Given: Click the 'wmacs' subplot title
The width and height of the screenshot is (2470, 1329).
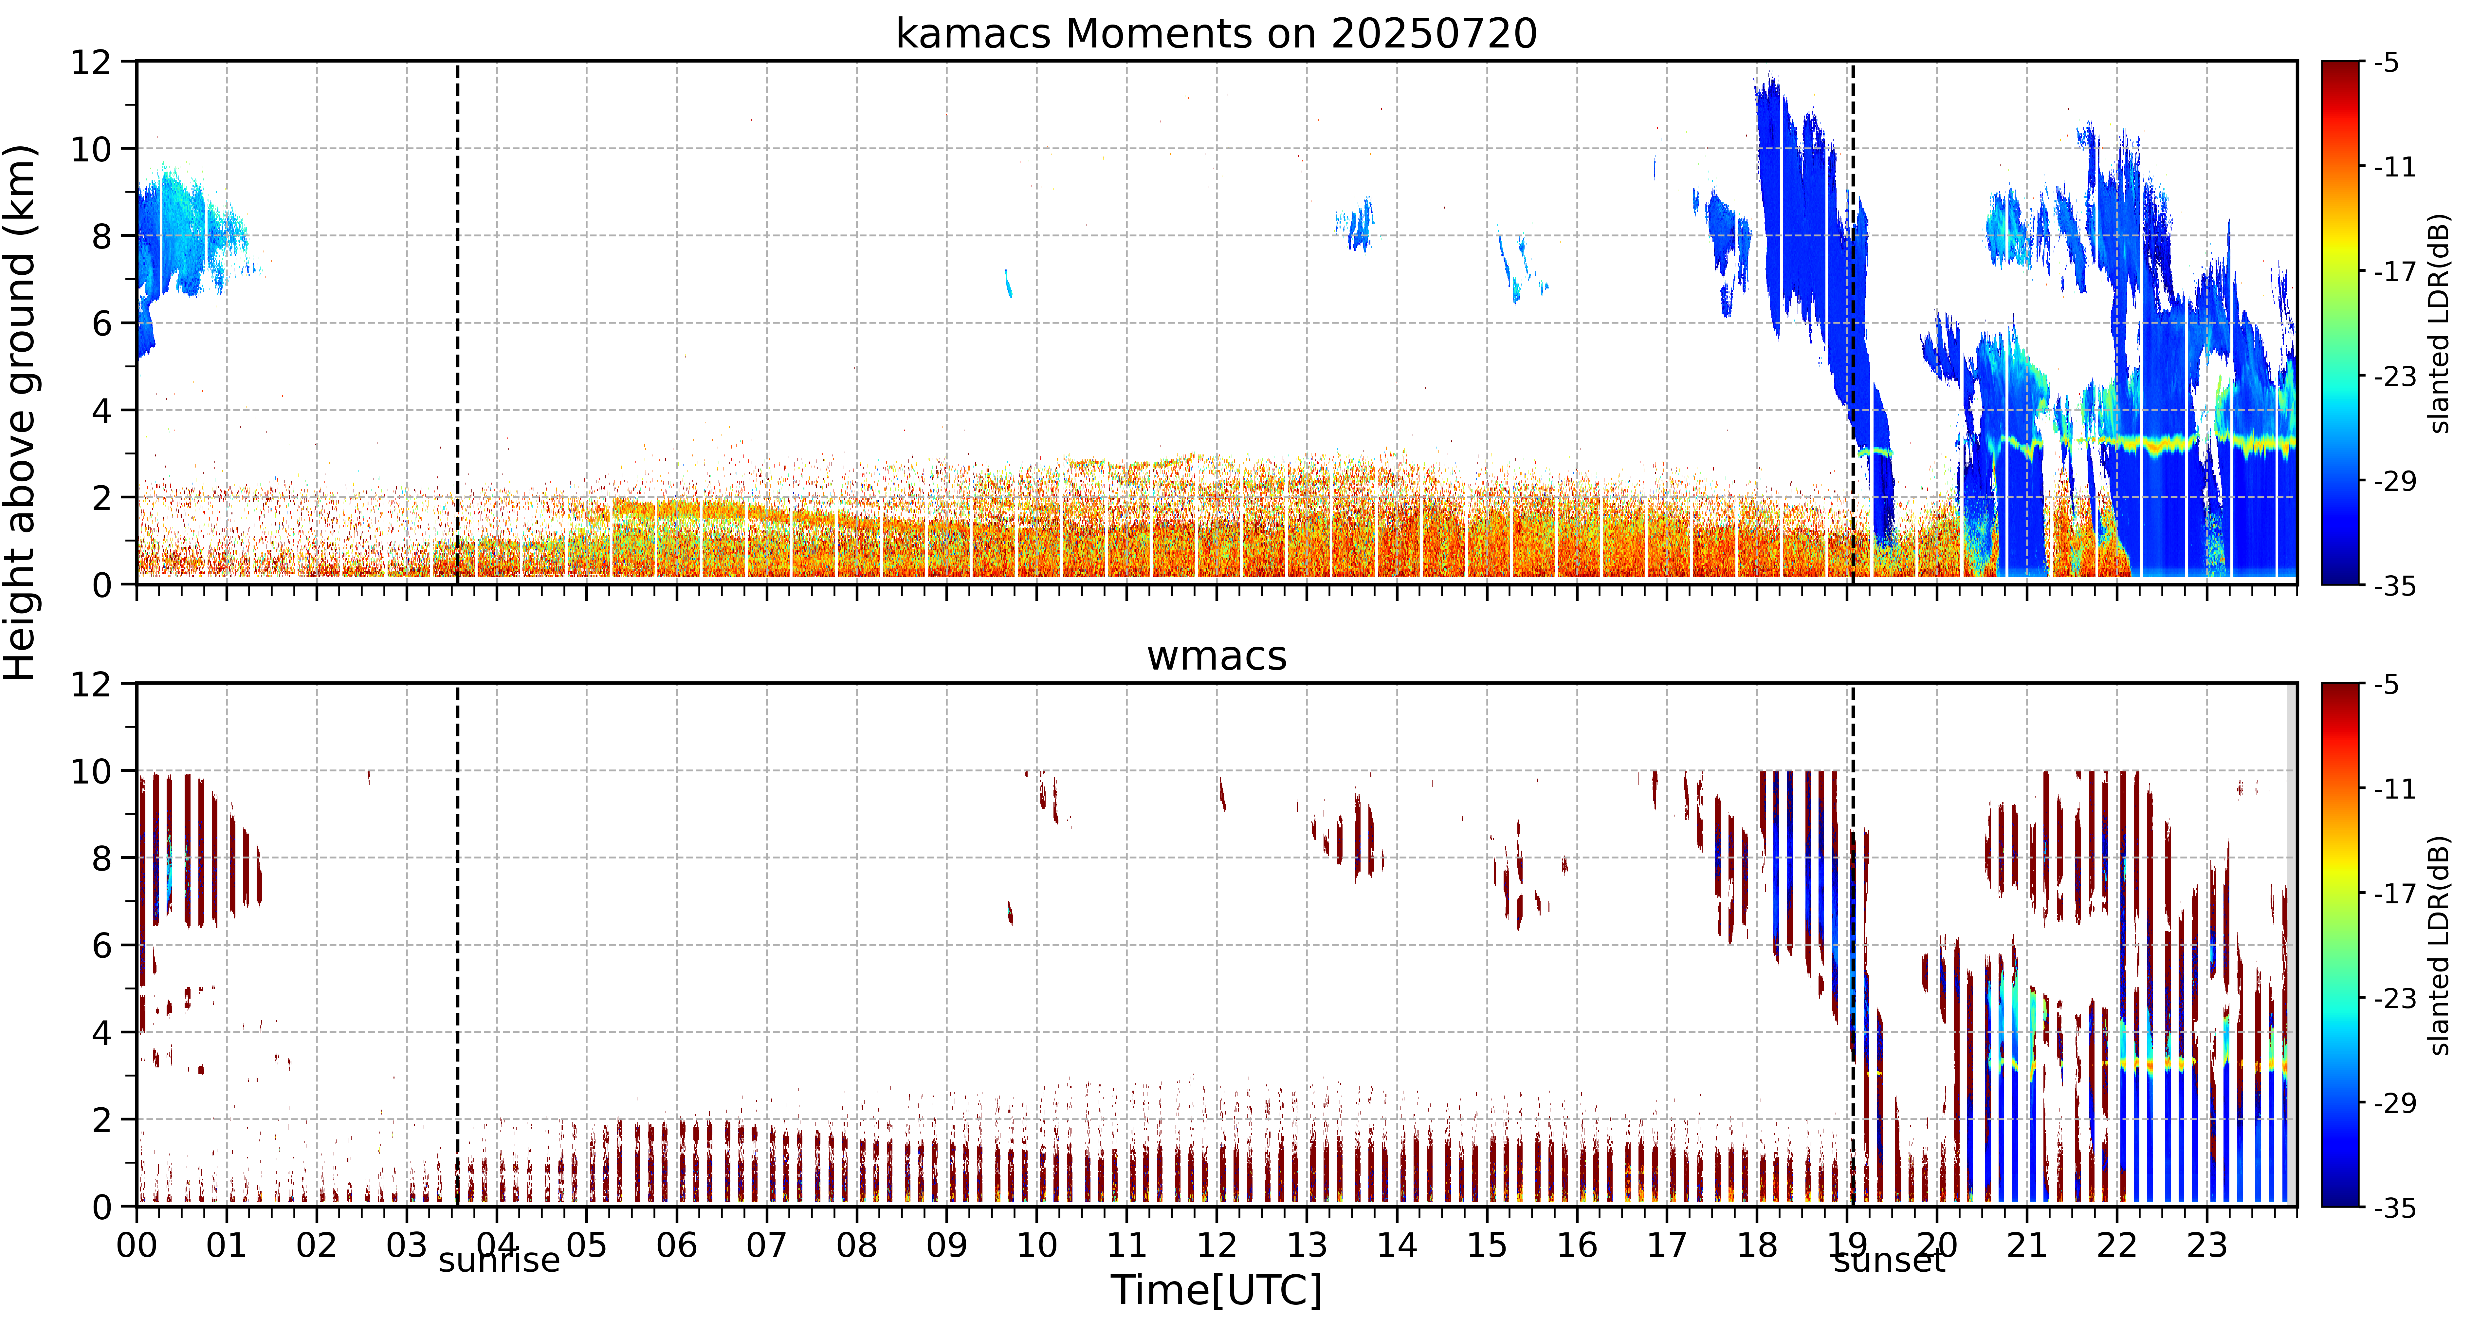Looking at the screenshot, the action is (1216, 656).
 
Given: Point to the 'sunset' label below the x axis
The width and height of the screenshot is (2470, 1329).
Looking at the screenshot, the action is (1889, 1260).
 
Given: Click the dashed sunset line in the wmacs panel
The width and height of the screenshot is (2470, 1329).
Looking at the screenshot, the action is (1853, 945).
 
